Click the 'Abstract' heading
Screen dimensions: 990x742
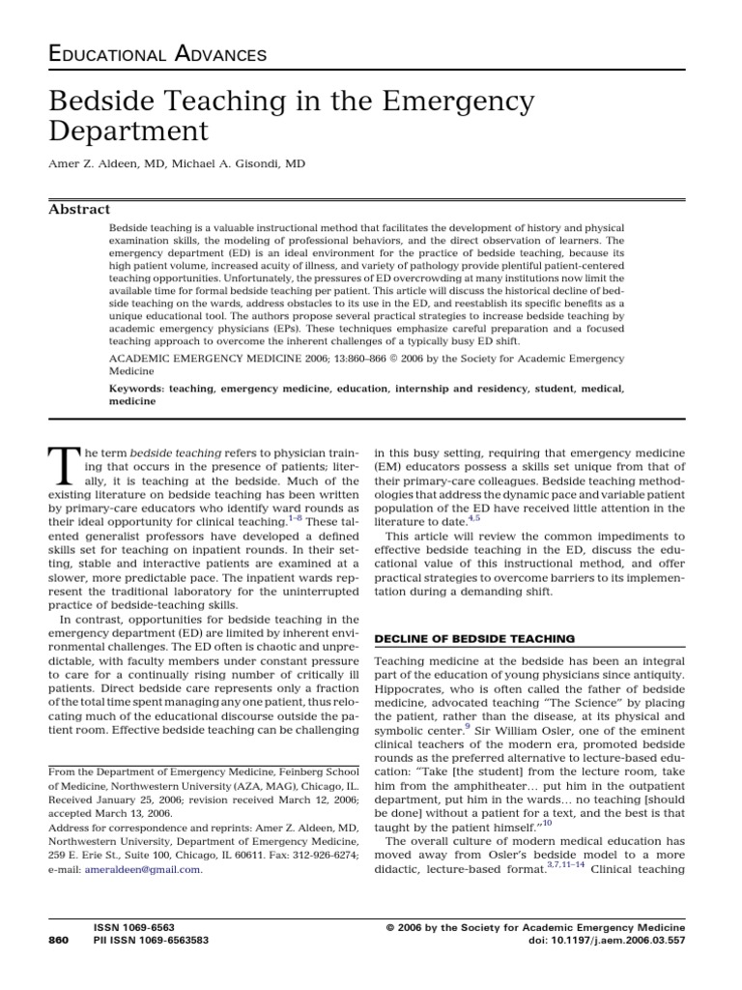click(x=79, y=209)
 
